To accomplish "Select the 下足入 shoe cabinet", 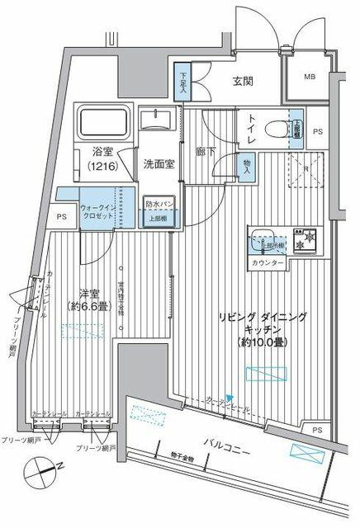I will pyautogui.click(x=183, y=81).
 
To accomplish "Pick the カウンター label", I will pyautogui.click(x=268, y=262).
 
